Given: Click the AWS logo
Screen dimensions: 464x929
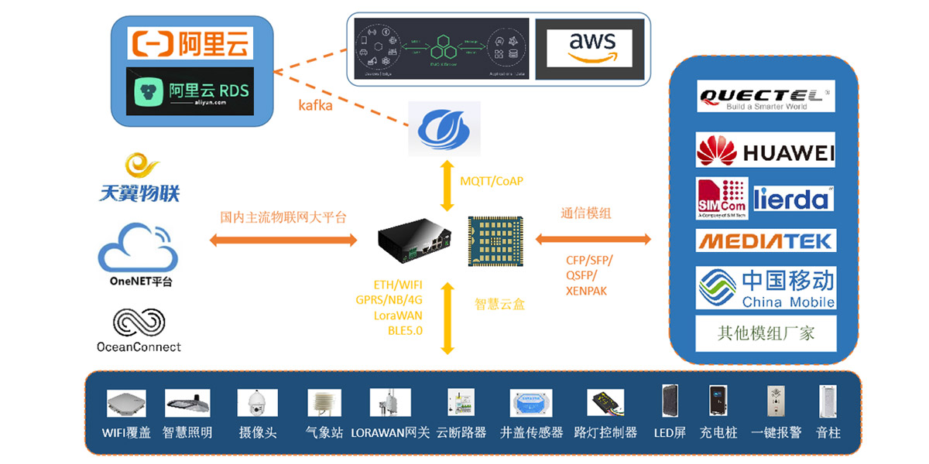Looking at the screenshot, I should pyautogui.click(x=590, y=48).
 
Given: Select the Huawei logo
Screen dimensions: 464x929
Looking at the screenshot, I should pyautogui.click(x=765, y=151).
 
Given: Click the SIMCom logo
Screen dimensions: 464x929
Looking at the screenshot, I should pyautogui.click(x=722, y=199).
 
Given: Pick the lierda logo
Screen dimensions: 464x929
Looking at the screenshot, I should pyautogui.click(x=793, y=199).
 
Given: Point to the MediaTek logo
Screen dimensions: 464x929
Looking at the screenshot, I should pyautogui.click(x=765, y=241).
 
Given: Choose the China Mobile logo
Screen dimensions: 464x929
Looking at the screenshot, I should pyautogui.click(x=765, y=288).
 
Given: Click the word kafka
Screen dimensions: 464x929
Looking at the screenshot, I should pyautogui.click(x=316, y=105).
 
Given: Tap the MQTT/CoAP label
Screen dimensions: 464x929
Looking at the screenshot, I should pyautogui.click(x=492, y=181).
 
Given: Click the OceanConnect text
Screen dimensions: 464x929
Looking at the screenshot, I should pyautogui.click(x=139, y=346).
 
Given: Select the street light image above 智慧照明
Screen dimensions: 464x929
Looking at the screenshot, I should pyautogui.click(x=187, y=403).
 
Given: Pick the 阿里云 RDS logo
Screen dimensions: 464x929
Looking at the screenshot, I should pyautogui.click(x=190, y=91).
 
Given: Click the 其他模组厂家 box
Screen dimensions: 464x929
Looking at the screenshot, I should pyautogui.click(x=765, y=334).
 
